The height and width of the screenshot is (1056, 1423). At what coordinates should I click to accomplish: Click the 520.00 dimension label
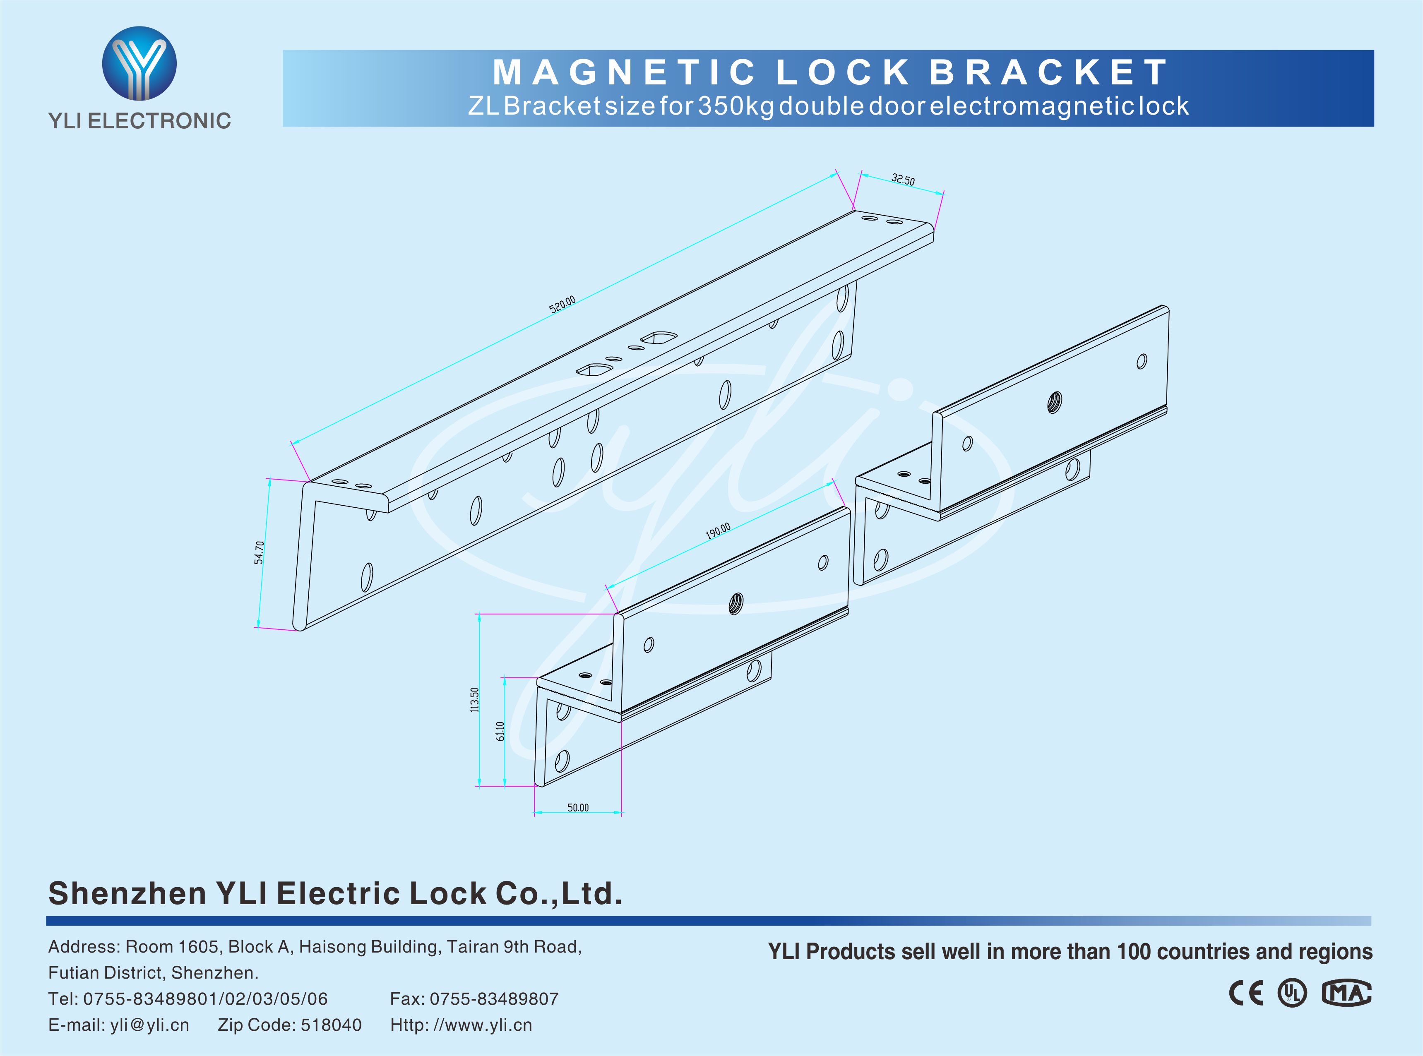562,304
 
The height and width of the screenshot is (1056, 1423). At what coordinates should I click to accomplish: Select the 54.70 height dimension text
259,552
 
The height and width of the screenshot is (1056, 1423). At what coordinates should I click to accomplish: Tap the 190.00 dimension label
718,530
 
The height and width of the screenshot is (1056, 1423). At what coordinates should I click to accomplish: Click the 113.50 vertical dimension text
474,700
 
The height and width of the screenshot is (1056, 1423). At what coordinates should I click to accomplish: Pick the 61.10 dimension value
500,731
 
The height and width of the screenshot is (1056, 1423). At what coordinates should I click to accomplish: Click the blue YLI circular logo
139,63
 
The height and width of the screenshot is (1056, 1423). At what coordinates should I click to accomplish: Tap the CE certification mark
1246,993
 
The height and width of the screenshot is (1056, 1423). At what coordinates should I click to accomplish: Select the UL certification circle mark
1292,993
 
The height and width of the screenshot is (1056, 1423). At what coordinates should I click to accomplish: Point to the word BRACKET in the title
1048,72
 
